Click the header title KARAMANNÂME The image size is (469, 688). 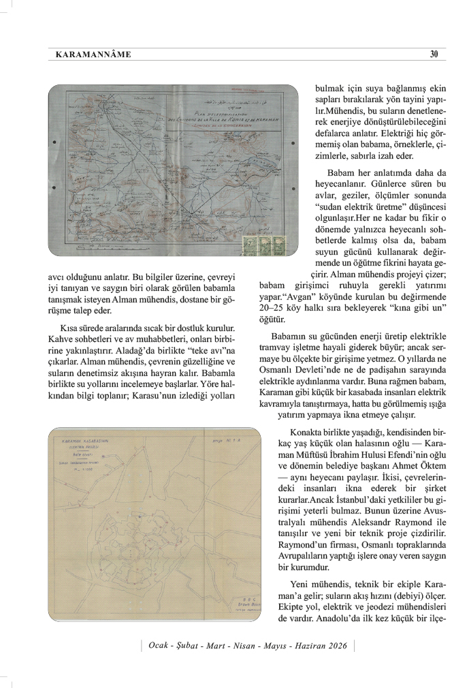[91, 54]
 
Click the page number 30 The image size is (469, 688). [434, 54]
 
